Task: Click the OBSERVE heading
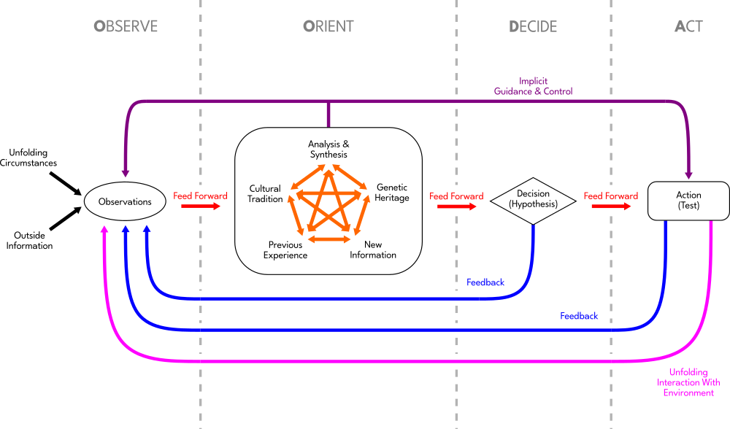tap(126, 27)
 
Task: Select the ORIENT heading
tap(328, 27)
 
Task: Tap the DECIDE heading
tap(533, 27)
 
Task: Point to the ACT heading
tap(688, 27)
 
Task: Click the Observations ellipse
tap(125, 201)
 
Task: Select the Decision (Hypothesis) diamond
tap(533, 199)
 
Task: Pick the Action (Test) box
tap(688, 200)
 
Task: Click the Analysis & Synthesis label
tap(328, 150)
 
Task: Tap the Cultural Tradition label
tap(265, 194)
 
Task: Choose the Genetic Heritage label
tap(392, 193)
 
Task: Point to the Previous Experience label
tap(285, 250)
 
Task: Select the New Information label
tap(373, 250)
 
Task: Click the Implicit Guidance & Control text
tap(533, 86)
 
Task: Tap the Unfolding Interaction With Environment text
tap(688, 383)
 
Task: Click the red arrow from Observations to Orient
tap(200, 206)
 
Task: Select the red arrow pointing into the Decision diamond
tap(457, 206)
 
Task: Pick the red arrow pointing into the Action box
tap(611, 206)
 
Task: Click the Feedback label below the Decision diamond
tap(485, 282)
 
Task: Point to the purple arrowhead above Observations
tap(126, 174)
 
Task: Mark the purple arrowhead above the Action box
tap(688, 175)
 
